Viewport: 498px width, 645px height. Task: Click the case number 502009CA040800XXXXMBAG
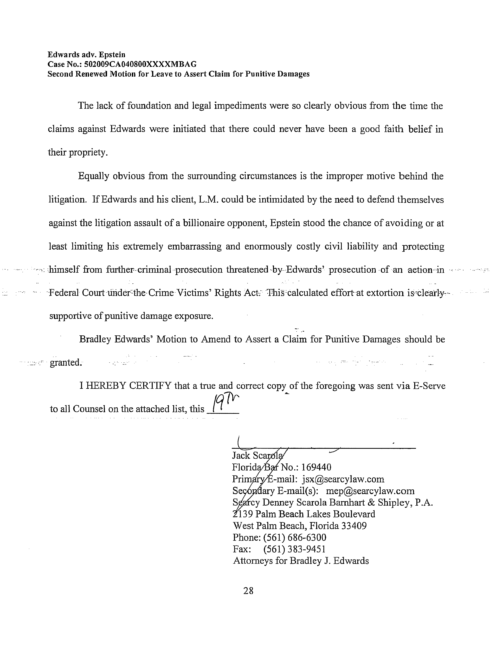point(140,64)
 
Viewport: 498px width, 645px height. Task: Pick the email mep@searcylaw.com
point(370,491)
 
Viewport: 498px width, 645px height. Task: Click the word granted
point(65,362)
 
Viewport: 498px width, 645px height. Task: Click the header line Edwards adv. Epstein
point(87,55)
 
